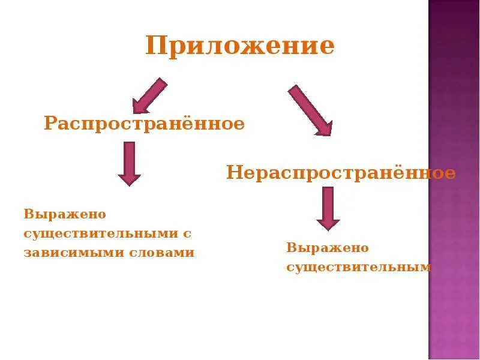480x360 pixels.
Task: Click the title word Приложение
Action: pyautogui.click(x=239, y=46)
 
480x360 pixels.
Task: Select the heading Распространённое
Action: pyautogui.click(x=144, y=124)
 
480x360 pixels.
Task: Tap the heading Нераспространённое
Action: pyautogui.click(x=341, y=173)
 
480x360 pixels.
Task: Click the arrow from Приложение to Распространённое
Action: pyautogui.click(x=149, y=95)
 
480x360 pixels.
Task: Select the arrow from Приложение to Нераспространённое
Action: pyautogui.click(x=310, y=110)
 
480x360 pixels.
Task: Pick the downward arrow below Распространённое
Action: pyautogui.click(x=129, y=163)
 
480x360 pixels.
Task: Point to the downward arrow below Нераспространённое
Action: pyautogui.click(x=328, y=208)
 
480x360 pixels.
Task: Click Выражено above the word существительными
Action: pyautogui.click(x=64, y=214)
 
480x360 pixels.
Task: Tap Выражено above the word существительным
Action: pyautogui.click(x=327, y=248)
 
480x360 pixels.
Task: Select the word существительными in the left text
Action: pyautogui.click(x=100, y=233)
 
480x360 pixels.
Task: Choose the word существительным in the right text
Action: pyautogui.click(x=359, y=267)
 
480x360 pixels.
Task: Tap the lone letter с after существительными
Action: pyautogui.click(x=187, y=233)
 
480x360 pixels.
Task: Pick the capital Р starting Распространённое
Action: pyautogui.click(x=50, y=125)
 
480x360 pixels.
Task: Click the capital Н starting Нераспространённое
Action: pyautogui.click(x=233, y=173)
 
